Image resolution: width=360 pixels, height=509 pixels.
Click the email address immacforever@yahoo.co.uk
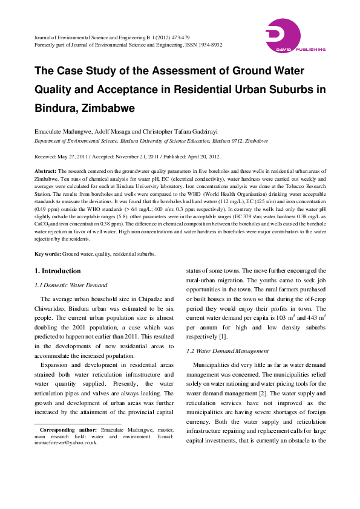pyautogui.click(x=66, y=443)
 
